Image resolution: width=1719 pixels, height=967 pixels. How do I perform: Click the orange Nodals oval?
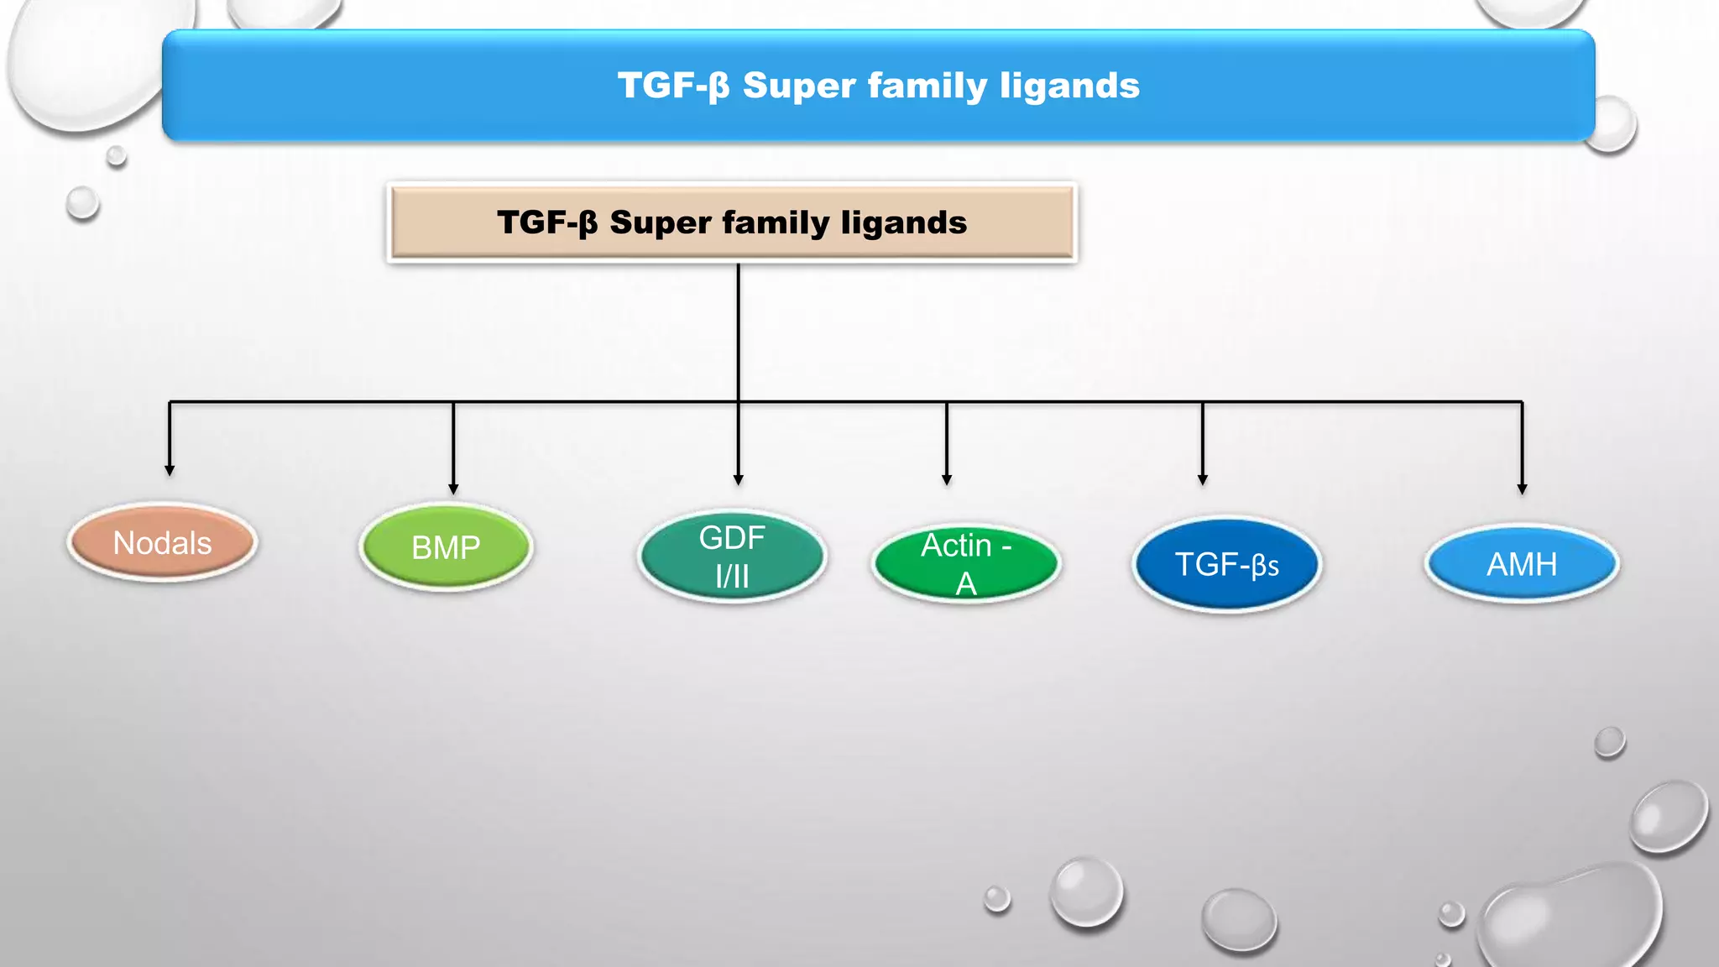[x=162, y=543]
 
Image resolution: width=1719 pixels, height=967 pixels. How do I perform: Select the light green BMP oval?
[x=446, y=547]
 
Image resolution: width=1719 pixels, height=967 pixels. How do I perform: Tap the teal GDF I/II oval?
[x=732, y=557]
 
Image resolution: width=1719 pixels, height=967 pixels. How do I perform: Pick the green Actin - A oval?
[x=965, y=563]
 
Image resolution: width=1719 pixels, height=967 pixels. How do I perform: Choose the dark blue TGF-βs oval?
[x=1226, y=564]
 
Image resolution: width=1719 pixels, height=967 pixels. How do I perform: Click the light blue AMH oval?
[x=1522, y=564]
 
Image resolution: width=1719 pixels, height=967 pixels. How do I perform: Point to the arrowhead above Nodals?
[x=170, y=471]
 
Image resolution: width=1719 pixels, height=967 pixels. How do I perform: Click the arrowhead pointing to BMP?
[x=453, y=489]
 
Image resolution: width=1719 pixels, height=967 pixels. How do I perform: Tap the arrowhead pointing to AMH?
[x=1522, y=489]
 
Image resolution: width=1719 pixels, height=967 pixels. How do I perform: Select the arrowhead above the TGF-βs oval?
[x=1202, y=479]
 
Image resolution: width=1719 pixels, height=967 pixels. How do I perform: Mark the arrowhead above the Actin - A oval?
[x=947, y=479]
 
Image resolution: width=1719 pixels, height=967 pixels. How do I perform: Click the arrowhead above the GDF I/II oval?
[x=738, y=479]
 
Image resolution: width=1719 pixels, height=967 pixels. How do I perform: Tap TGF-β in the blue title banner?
[x=673, y=86]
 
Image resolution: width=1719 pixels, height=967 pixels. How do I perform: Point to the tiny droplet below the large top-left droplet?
[x=117, y=156]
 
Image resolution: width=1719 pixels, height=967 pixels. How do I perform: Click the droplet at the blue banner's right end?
[x=1609, y=124]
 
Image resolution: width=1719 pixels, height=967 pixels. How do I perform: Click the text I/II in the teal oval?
[x=732, y=577]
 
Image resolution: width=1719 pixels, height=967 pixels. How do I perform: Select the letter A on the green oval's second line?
[x=966, y=583]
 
